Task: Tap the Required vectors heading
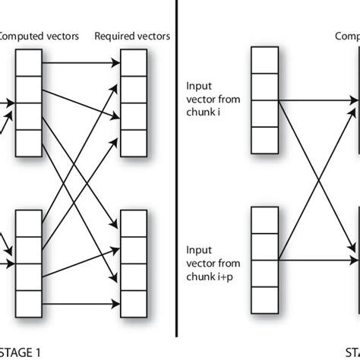tap(131, 35)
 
